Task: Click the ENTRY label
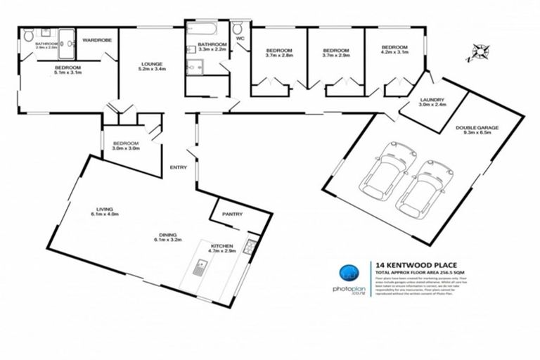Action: click(178, 167)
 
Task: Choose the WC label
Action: click(239, 39)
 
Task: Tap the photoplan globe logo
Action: click(347, 274)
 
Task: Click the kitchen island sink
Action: click(199, 266)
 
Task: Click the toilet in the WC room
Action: click(238, 29)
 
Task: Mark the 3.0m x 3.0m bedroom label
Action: click(127, 148)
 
